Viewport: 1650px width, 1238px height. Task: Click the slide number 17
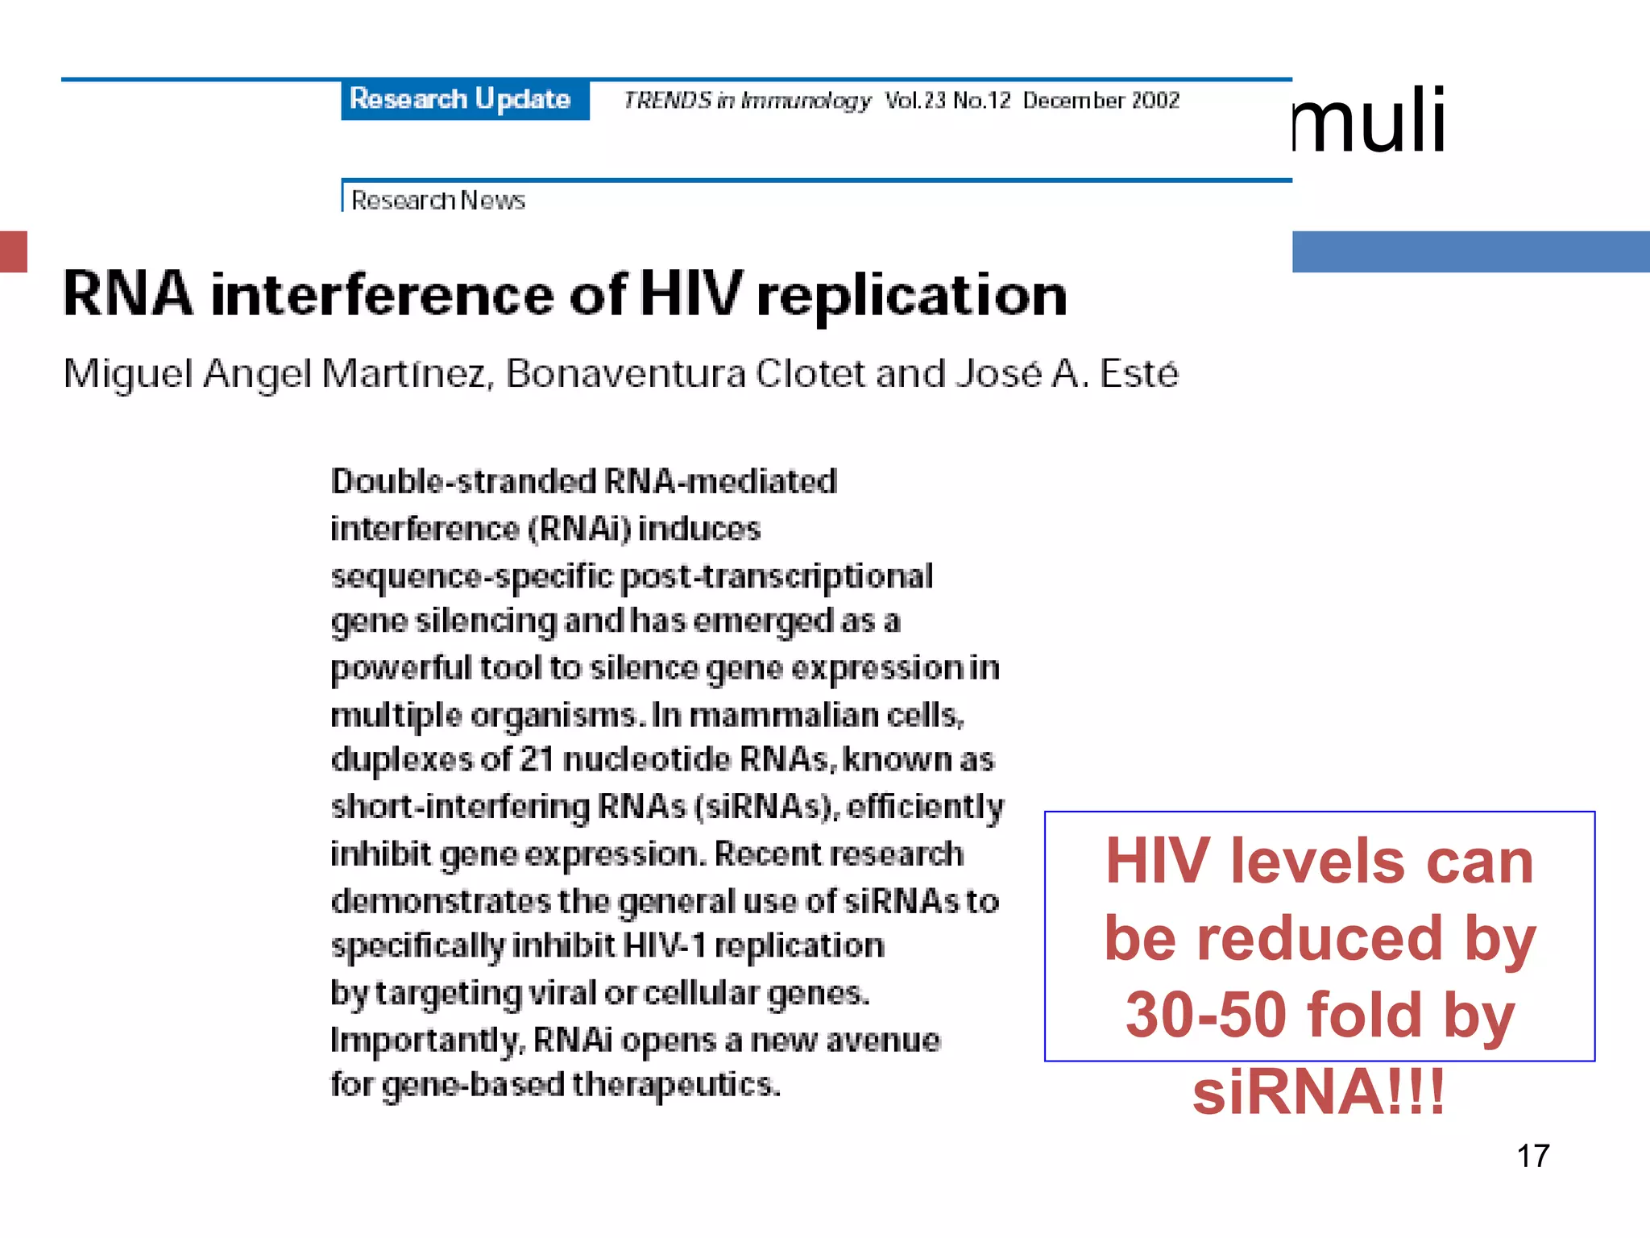point(1532,1156)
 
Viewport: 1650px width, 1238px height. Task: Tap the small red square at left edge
point(14,251)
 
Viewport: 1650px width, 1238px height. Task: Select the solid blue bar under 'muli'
point(1470,251)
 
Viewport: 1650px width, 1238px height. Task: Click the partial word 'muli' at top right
point(1370,121)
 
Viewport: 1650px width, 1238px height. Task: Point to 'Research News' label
point(438,200)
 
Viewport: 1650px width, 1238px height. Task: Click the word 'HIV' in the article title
point(690,293)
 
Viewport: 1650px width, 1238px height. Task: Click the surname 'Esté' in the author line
point(1138,373)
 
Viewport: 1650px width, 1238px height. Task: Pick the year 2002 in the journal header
point(1155,100)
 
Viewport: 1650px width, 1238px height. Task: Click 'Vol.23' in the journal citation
point(914,100)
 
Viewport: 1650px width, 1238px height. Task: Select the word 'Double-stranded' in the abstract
point(462,481)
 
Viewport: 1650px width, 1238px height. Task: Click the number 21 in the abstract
point(537,759)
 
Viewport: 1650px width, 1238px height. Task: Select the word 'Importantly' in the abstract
point(427,1040)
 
